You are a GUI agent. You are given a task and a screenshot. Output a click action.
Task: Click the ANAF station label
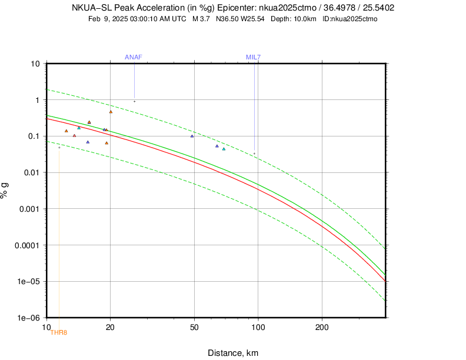tap(134, 57)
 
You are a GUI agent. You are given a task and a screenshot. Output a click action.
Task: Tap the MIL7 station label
tap(253, 57)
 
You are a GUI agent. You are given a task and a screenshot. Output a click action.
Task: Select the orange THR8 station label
tap(59, 332)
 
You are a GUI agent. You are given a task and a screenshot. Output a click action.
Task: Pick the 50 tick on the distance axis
tap(194, 326)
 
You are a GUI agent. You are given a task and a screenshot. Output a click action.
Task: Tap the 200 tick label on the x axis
tap(321, 326)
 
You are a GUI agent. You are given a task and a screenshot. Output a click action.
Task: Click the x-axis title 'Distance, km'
tap(233, 353)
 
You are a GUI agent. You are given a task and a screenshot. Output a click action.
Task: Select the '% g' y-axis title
tap(5, 190)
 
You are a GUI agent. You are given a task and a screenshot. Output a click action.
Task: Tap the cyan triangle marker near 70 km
tap(224, 149)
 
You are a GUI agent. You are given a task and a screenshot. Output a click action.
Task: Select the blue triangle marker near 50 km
tap(192, 136)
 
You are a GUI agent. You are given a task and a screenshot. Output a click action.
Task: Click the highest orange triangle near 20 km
tap(111, 112)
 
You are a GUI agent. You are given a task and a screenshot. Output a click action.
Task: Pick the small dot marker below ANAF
tap(134, 101)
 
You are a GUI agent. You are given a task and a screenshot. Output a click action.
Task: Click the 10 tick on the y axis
tap(35, 64)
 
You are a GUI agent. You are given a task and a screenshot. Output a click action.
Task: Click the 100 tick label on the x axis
tap(258, 326)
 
